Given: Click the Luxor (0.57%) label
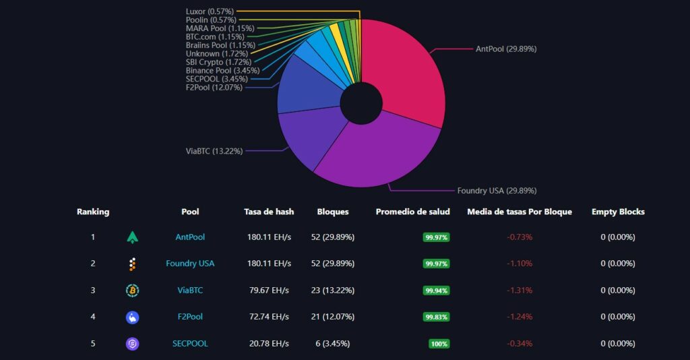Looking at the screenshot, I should point(210,11).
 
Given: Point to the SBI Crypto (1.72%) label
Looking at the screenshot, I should point(218,62).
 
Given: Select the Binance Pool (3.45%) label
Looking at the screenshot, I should point(218,70).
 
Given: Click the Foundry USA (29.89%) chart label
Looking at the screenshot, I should point(497,191).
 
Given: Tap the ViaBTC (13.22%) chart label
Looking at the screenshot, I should point(214,151).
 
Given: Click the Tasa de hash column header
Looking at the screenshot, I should point(269,212).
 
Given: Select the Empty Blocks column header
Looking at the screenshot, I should point(618,212).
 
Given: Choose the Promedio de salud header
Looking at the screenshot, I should point(412,212).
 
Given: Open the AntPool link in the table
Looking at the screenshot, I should point(190,237).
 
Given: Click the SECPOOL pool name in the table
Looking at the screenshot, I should point(190,344).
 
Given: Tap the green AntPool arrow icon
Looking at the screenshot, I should point(133,237).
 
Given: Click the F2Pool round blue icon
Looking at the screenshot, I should point(133,317).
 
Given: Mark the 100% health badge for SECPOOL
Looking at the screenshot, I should point(439,344).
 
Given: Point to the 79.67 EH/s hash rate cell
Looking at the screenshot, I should point(268,291).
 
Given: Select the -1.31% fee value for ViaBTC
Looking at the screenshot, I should point(520,291).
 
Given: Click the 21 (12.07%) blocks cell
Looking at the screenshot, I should point(332,317).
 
